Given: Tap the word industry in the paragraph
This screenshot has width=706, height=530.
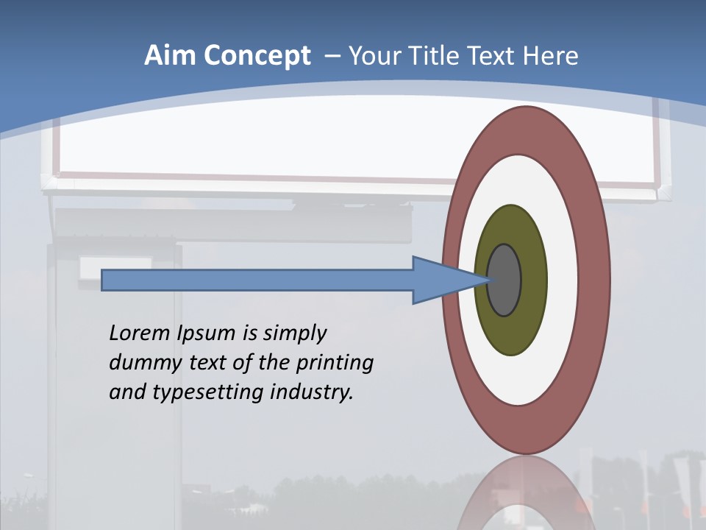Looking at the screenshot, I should point(312,393).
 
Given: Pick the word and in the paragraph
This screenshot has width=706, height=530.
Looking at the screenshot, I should point(126,392).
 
